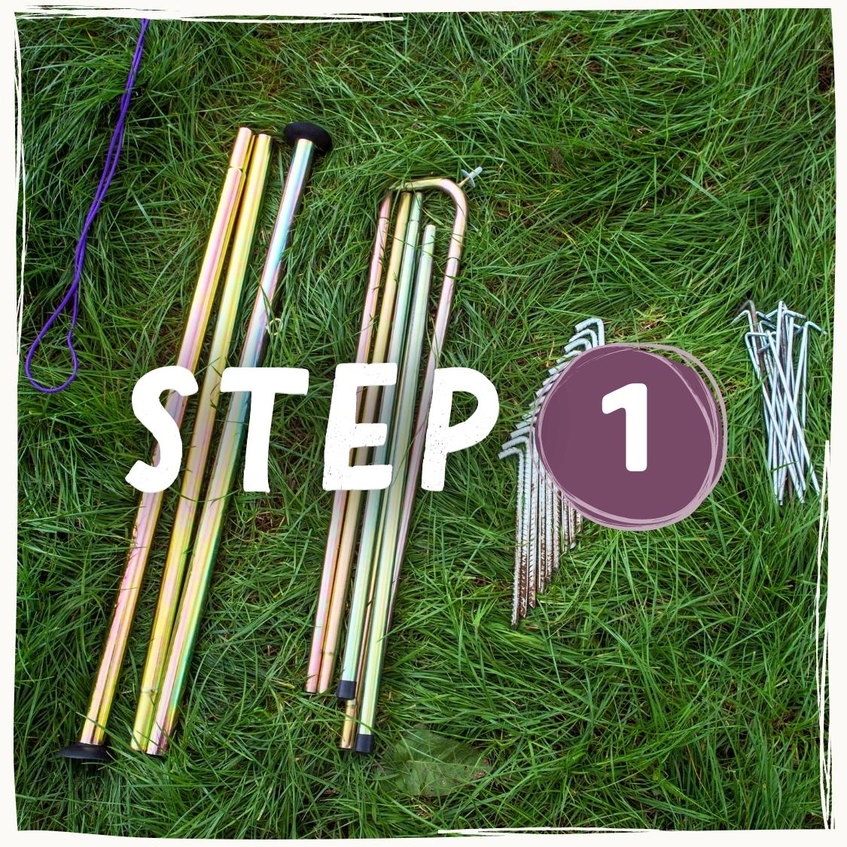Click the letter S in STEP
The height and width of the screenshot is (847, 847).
(x=157, y=428)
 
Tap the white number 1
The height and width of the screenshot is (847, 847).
(x=626, y=427)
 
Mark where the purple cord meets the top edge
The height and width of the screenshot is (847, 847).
(x=145, y=20)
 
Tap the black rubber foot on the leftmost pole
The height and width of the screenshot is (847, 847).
(x=84, y=751)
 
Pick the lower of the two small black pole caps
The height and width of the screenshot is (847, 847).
(x=364, y=743)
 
